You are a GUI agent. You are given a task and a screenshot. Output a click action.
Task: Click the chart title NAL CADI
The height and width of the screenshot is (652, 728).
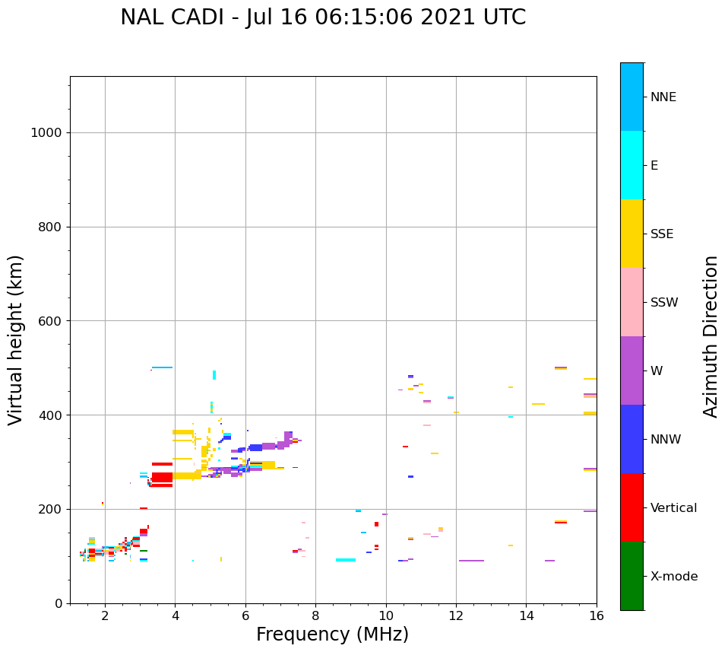(x=323, y=17)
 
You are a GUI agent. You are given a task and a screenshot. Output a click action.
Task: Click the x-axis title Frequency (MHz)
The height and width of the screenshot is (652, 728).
(x=332, y=635)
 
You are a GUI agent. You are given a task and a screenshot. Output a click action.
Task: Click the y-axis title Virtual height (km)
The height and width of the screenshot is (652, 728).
(x=16, y=340)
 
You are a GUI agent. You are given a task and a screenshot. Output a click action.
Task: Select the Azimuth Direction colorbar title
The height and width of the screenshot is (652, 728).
(x=711, y=336)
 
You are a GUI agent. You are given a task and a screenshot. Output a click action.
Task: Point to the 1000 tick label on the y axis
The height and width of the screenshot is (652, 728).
(x=46, y=132)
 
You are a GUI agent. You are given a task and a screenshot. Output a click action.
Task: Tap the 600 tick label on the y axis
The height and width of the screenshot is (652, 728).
(x=49, y=321)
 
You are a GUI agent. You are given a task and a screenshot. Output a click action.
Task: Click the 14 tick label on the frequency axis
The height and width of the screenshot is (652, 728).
(x=527, y=615)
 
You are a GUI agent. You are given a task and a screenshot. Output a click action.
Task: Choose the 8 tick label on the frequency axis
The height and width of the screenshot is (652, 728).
(x=316, y=615)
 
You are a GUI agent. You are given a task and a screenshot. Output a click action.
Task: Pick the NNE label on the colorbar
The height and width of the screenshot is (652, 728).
(x=663, y=97)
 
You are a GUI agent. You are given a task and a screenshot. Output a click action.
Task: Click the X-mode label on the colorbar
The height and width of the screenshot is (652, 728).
(x=673, y=577)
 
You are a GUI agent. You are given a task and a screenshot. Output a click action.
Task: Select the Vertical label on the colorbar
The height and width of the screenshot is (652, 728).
(x=673, y=508)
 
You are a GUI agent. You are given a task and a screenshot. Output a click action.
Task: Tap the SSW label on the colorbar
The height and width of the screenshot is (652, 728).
(x=664, y=303)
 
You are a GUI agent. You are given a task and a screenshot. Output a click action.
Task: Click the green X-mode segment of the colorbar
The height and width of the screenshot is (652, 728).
(x=631, y=576)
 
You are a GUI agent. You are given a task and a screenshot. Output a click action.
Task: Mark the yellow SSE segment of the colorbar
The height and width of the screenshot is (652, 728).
(x=631, y=234)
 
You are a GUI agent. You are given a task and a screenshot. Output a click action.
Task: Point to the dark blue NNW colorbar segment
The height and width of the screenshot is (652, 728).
(x=631, y=439)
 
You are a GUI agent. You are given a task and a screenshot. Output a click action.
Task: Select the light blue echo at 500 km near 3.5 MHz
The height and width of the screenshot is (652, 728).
(x=162, y=367)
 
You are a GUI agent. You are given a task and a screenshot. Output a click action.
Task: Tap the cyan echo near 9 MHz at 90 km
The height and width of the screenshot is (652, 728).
(x=346, y=560)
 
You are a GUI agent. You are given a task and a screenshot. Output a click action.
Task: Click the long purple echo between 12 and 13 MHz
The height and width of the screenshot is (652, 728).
(x=471, y=561)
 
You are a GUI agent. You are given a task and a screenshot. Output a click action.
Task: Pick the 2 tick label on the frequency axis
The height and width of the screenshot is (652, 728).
(x=105, y=615)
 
